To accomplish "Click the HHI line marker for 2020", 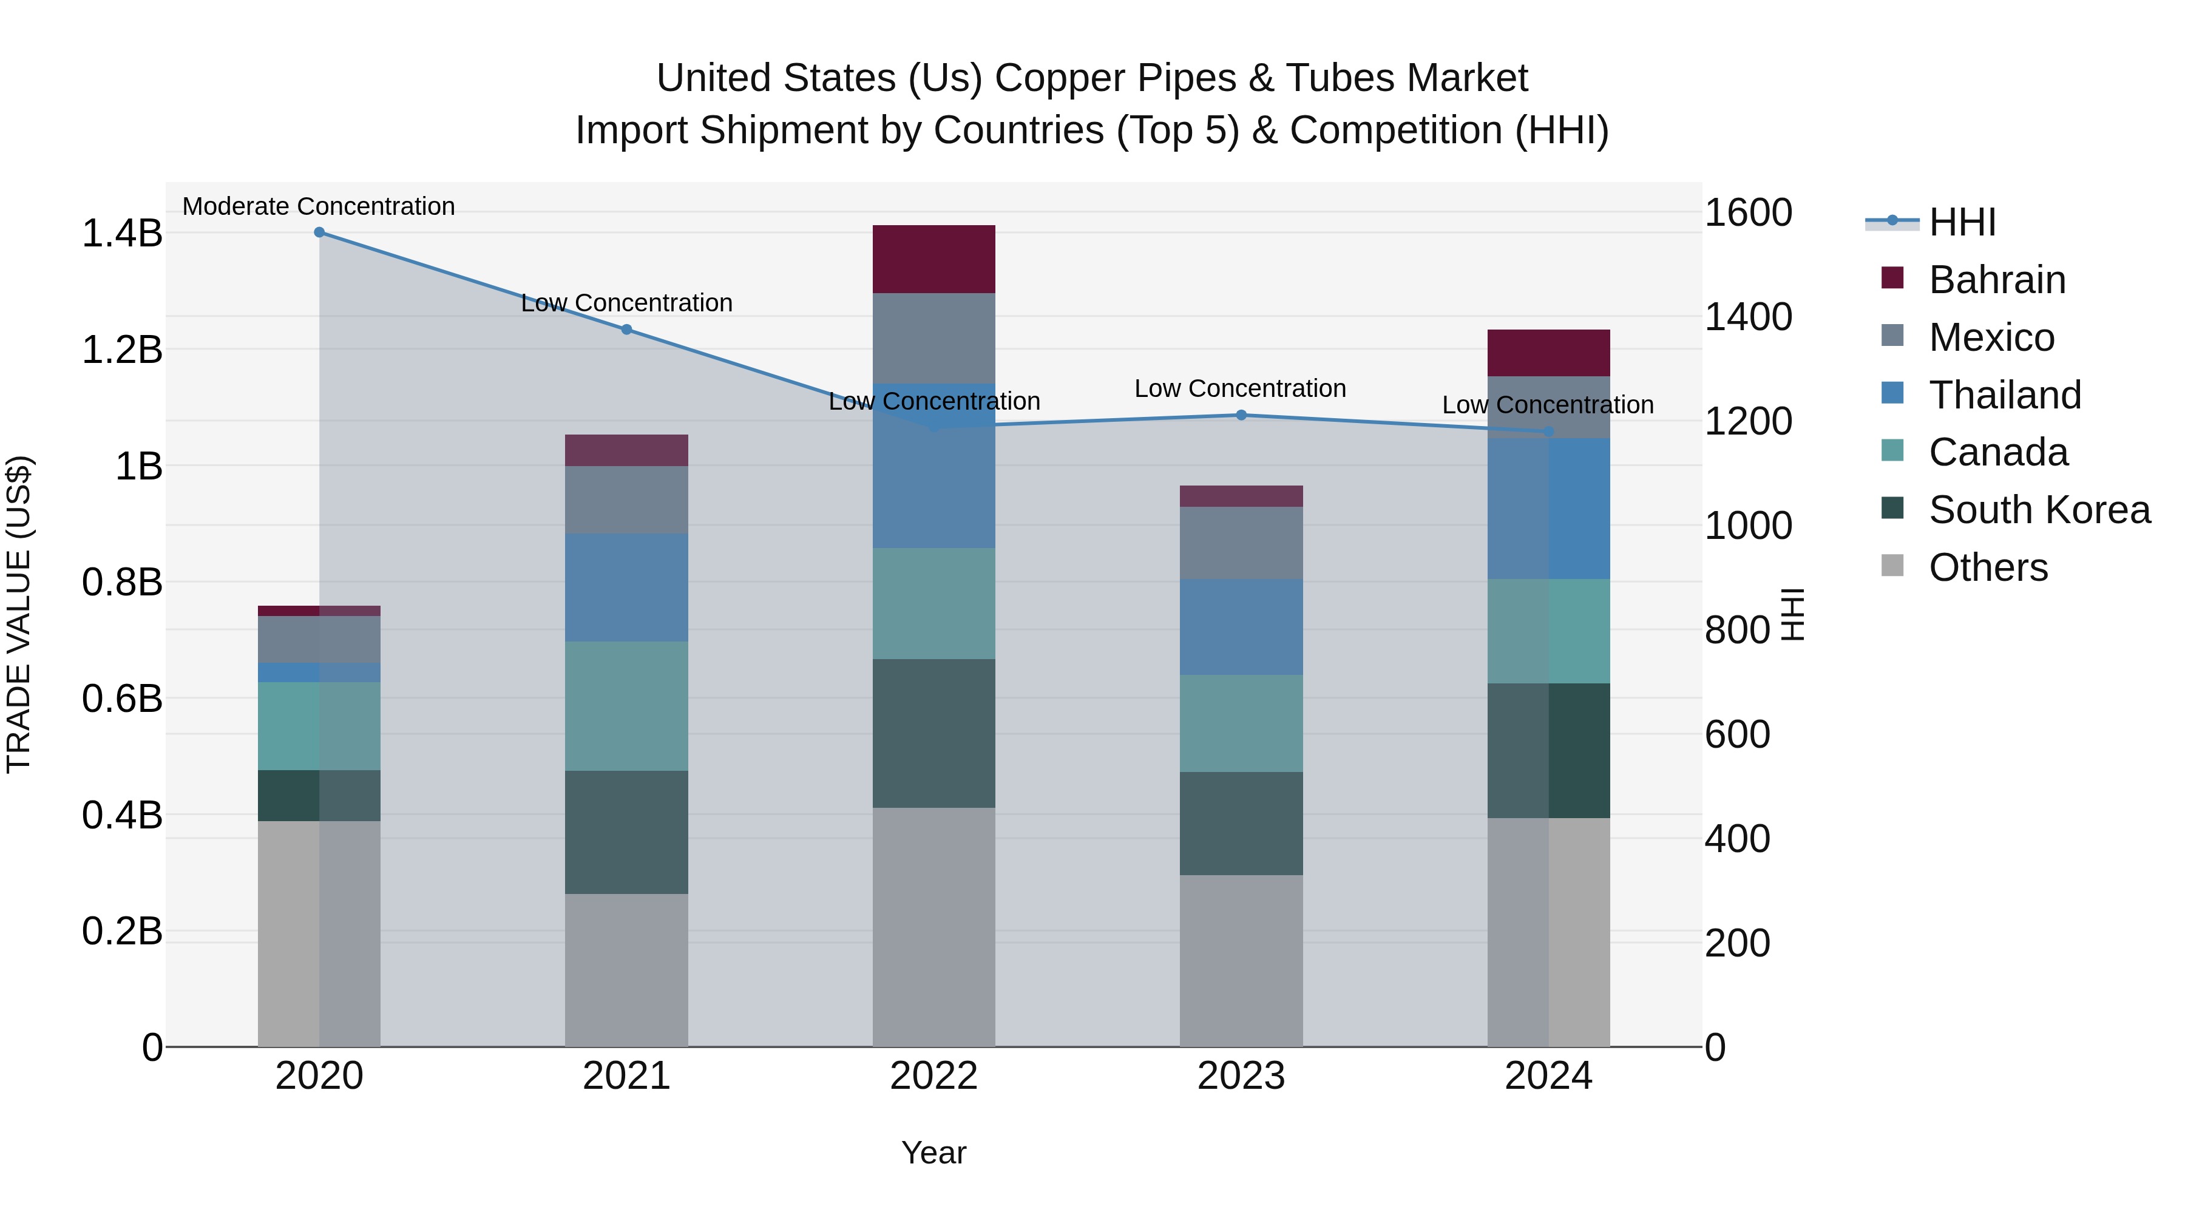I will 319,232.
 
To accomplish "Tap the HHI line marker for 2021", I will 627,329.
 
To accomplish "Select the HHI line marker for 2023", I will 1241,415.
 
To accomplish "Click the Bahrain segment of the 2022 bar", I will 934,259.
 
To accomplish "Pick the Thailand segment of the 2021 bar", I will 627,587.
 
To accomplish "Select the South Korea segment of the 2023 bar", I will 1241,823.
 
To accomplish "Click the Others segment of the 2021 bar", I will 627,969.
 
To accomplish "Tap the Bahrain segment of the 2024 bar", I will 1549,352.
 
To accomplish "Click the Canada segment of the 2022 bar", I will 934,603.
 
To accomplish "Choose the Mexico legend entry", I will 1991,337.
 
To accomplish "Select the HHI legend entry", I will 1961,222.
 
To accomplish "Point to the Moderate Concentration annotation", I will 319,206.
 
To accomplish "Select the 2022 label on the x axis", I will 934,1076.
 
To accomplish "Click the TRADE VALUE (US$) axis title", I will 19,614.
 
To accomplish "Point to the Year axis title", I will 934,1153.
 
